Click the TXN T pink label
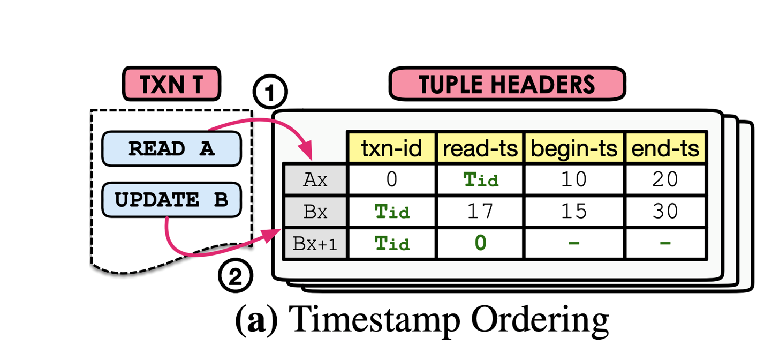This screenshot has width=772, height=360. coord(171,85)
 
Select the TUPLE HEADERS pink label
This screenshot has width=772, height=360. coord(506,85)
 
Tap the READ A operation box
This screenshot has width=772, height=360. coord(171,148)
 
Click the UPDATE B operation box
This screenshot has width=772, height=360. coord(171,200)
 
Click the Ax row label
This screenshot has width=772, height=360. coord(315,179)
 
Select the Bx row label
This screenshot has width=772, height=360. coord(315,212)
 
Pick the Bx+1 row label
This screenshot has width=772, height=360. coord(315,244)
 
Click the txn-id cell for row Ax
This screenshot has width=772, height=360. coord(391,179)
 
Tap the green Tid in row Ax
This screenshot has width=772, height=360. coord(480,179)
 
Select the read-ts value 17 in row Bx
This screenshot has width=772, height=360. coord(480,212)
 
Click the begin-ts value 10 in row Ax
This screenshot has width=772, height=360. coord(573,179)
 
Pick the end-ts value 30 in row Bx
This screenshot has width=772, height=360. coord(665,212)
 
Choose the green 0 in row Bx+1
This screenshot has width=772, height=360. coord(480,244)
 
